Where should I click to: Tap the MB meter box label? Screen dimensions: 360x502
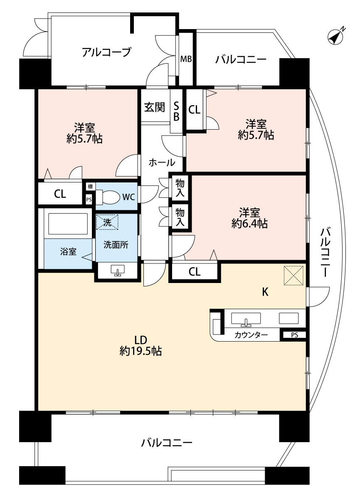[x=186, y=59]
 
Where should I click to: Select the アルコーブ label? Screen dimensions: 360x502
[x=106, y=52]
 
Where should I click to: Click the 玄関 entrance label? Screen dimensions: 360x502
[x=155, y=107]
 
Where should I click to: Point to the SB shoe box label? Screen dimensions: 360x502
[x=176, y=111]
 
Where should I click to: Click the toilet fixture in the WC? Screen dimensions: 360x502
[x=108, y=197]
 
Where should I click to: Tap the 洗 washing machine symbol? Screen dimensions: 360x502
[x=107, y=222]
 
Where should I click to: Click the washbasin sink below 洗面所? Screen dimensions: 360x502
[x=118, y=270]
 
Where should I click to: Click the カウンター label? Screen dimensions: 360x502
[x=251, y=335]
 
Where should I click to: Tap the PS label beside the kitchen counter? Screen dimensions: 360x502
[x=295, y=335]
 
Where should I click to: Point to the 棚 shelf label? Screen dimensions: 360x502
[x=90, y=186]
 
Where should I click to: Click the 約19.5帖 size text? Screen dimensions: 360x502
[x=141, y=351]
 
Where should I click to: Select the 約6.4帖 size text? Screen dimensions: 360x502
[x=249, y=224]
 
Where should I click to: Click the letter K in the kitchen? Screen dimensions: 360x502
[x=265, y=292]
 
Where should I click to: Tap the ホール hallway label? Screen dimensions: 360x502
[x=162, y=162]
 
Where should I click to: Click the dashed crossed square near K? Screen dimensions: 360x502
[x=293, y=276]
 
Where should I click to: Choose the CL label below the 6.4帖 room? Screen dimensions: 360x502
[x=195, y=272]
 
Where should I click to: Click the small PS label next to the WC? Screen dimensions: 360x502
[x=89, y=199]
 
